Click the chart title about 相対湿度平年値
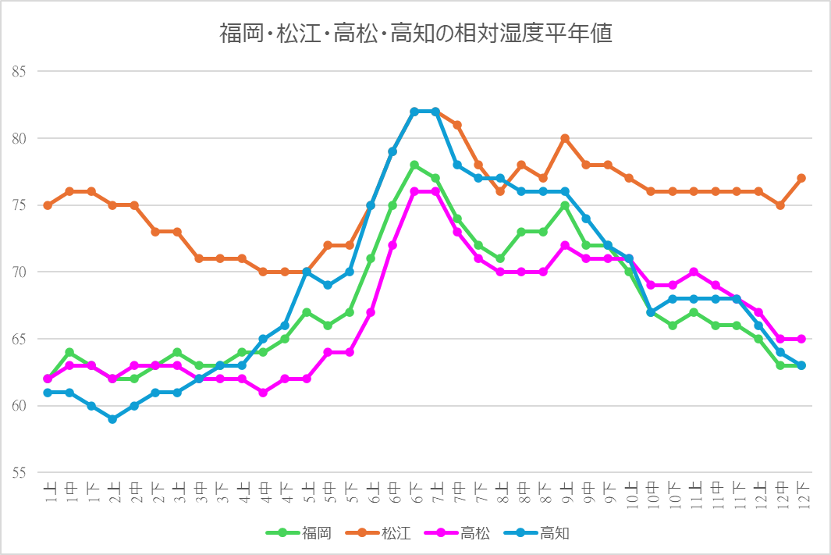pos(415,34)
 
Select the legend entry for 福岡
pos(308,534)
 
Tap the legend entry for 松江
pos(385,534)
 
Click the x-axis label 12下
pos(801,492)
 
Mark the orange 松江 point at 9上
pos(565,139)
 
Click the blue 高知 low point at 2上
pos(113,419)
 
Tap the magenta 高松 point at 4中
pos(264,393)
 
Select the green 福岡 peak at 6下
pos(414,165)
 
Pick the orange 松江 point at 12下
pos(801,179)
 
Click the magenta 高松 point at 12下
pos(801,339)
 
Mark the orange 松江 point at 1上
pos(48,205)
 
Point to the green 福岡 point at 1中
pos(69,352)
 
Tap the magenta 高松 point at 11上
pos(694,272)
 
